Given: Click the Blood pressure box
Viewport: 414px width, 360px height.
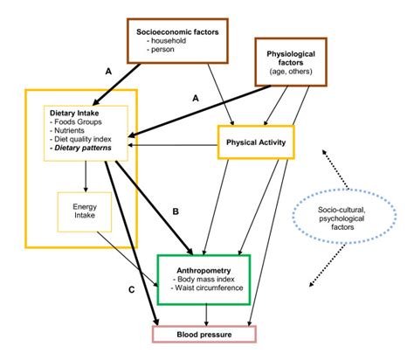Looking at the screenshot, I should (x=204, y=333).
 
